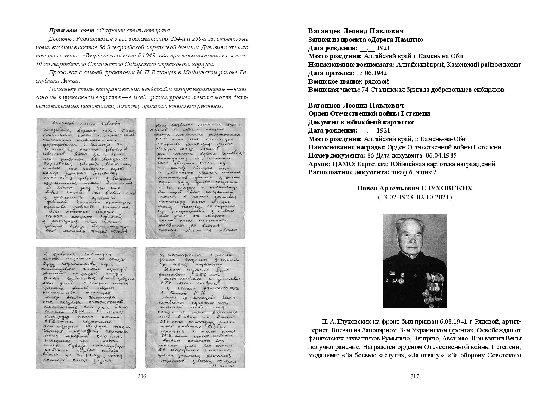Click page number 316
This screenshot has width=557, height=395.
point(142,376)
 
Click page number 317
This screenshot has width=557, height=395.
point(414,376)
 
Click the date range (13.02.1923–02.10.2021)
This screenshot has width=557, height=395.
point(414,197)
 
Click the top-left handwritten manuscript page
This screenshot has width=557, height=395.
point(86,178)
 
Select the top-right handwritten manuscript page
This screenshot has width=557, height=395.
point(196,178)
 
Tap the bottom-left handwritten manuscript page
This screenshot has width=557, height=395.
point(86,307)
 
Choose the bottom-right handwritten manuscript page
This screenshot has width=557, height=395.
point(196,307)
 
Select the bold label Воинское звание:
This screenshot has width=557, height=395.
point(332,81)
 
